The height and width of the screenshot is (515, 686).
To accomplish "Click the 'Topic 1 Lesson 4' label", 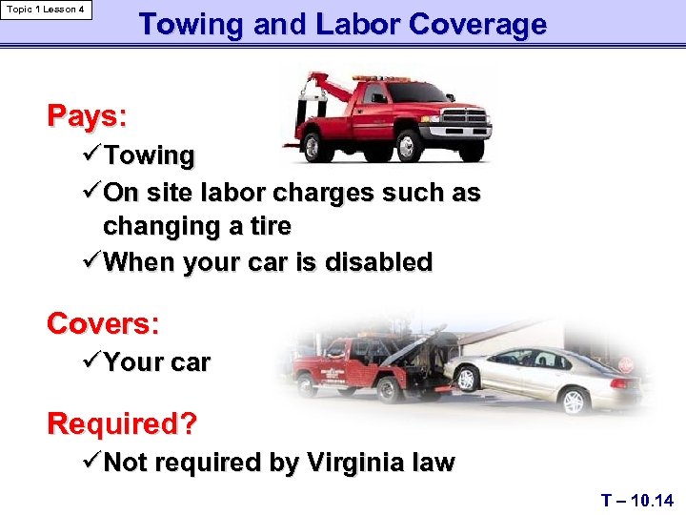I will (x=46, y=10).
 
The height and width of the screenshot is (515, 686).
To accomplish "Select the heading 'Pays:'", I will (x=87, y=116).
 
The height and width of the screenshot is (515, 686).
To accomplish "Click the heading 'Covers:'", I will (x=103, y=323).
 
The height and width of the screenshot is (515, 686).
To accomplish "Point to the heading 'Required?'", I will (x=122, y=422).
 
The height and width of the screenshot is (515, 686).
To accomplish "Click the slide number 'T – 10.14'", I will (x=637, y=500).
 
